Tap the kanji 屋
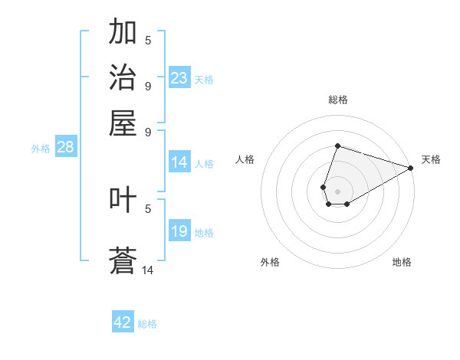click(x=123, y=123)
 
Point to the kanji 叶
click(x=123, y=200)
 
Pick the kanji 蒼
click(x=123, y=260)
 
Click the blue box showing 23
click(x=179, y=79)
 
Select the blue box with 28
click(x=66, y=148)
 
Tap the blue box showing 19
click(x=179, y=232)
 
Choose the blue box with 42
click(x=123, y=322)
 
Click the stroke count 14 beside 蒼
click(x=148, y=270)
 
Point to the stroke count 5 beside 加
click(x=148, y=40)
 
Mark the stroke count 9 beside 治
click(x=148, y=86)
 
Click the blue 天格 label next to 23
click(x=204, y=80)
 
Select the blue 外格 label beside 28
click(x=41, y=149)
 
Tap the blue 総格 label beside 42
click(x=147, y=323)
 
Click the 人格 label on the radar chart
click(x=245, y=159)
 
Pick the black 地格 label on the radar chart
click(x=402, y=262)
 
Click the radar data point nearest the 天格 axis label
click(x=411, y=168)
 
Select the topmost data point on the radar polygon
click(x=337, y=146)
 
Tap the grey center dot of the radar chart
click(x=337, y=191)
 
